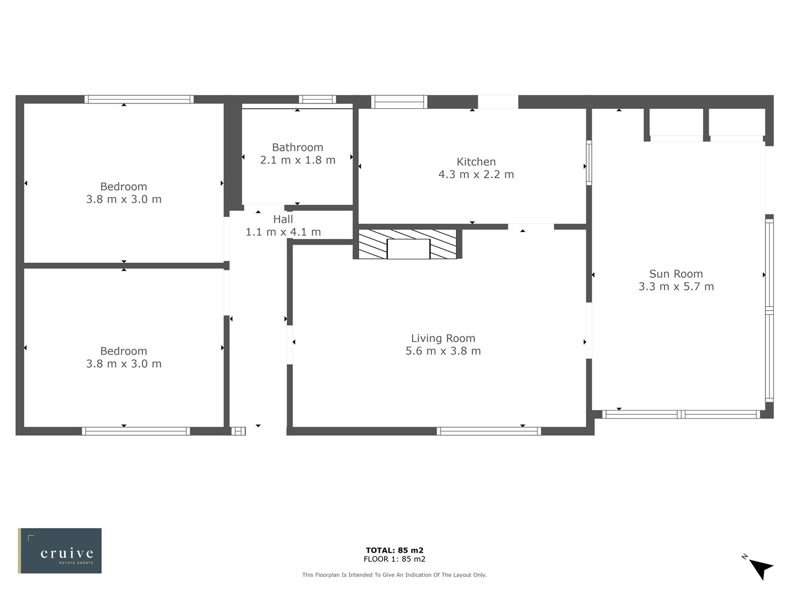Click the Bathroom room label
[298, 147]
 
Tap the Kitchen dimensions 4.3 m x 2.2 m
[476, 175]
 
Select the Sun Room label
[676, 274]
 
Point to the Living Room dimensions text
[443, 351]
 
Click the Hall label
[283, 219]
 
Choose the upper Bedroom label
[123, 187]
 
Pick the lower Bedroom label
[123, 351]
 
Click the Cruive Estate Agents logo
[60, 551]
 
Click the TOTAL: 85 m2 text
[395, 551]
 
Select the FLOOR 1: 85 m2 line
[395, 559]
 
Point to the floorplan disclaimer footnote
[395, 575]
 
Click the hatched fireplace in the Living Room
[407, 244]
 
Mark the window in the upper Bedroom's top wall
[139, 99]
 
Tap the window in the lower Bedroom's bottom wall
[136, 431]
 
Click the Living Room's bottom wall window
[489, 431]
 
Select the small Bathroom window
[317, 99]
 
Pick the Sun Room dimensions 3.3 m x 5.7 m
[676, 287]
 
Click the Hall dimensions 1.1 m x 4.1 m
[283, 232]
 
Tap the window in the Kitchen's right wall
[589, 163]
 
